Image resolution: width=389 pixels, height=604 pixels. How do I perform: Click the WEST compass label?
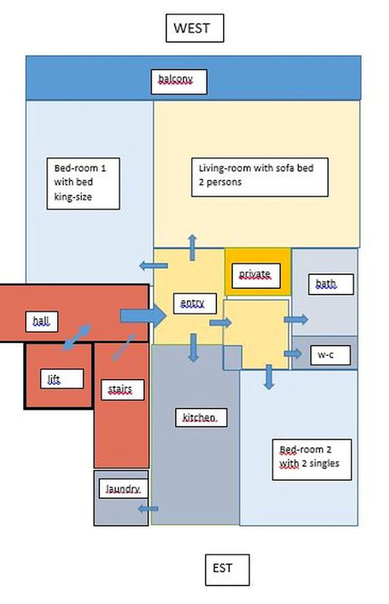(195, 28)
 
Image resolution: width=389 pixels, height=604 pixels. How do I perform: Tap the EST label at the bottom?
(227, 569)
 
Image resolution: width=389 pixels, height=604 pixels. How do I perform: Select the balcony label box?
(179, 82)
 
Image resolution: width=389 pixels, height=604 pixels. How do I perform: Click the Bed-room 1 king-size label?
(83, 183)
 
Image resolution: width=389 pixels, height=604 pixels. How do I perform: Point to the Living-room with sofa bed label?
(259, 177)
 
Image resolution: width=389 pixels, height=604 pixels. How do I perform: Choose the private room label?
(256, 275)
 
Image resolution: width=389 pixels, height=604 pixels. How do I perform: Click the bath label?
(331, 284)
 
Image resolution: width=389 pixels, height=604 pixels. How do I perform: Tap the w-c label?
(331, 355)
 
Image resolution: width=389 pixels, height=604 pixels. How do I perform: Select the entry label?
(195, 304)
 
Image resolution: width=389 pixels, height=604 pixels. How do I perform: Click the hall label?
(42, 321)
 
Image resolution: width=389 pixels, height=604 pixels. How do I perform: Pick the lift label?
(62, 378)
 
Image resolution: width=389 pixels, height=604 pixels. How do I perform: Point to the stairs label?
(123, 390)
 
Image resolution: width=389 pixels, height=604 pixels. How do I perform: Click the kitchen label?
(201, 418)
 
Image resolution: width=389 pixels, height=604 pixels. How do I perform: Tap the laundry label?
(123, 489)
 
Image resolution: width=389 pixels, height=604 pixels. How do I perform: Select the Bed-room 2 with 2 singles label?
(312, 459)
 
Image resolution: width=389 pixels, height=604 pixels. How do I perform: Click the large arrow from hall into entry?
(143, 316)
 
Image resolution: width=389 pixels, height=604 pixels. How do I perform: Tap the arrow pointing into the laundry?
(149, 509)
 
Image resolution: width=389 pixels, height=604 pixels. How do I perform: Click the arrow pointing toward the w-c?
(293, 354)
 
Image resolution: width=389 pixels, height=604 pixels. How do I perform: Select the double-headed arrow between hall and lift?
(77, 337)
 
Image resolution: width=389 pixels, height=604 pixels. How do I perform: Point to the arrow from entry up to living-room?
(193, 247)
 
